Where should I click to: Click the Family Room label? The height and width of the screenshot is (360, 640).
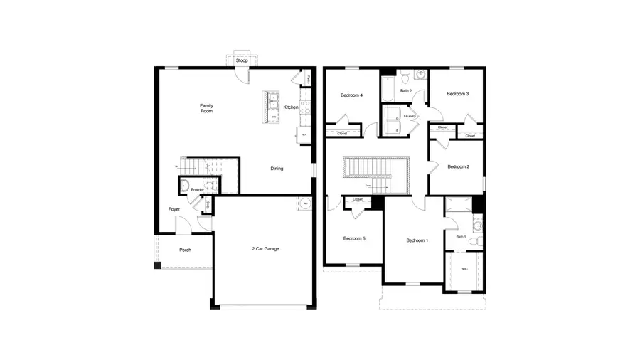pyautogui.click(x=206, y=108)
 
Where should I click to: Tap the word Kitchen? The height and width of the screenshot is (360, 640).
pyautogui.click(x=291, y=107)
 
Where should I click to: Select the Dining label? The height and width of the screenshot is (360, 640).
pyautogui.click(x=277, y=169)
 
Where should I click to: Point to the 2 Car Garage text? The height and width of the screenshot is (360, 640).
pyautogui.click(x=266, y=250)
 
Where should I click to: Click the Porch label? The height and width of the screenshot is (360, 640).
pyautogui.click(x=185, y=250)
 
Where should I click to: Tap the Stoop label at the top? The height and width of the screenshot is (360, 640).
pyautogui.click(x=242, y=60)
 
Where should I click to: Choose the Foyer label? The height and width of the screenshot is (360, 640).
pyautogui.click(x=174, y=209)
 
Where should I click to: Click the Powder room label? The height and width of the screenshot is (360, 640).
pyautogui.click(x=198, y=190)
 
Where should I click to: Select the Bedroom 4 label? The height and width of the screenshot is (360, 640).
pyautogui.click(x=351, y=95)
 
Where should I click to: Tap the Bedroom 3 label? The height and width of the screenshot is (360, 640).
pyautogui.click(x=457, y=94)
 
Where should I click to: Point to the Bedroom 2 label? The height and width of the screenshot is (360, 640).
pyautogui.click(x=457, y=166)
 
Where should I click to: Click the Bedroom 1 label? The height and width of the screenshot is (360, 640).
pyautogui.click(x=417, y=240)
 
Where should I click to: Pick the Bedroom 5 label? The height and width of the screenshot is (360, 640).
pyautogui.click(x=353, y=238)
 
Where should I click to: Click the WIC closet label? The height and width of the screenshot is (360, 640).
pyautogui.click(x=464, y=269)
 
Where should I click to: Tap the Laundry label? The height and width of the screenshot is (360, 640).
pyautogui.click(x=409, y=116)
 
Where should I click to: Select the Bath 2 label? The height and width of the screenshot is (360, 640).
pyautogui.click(x=405, y=91)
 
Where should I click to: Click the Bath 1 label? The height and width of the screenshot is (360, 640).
pyautogui.click(x=461, y=237)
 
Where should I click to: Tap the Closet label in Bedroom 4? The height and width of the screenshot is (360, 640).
pyautogui.click(x=342, y=133)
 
